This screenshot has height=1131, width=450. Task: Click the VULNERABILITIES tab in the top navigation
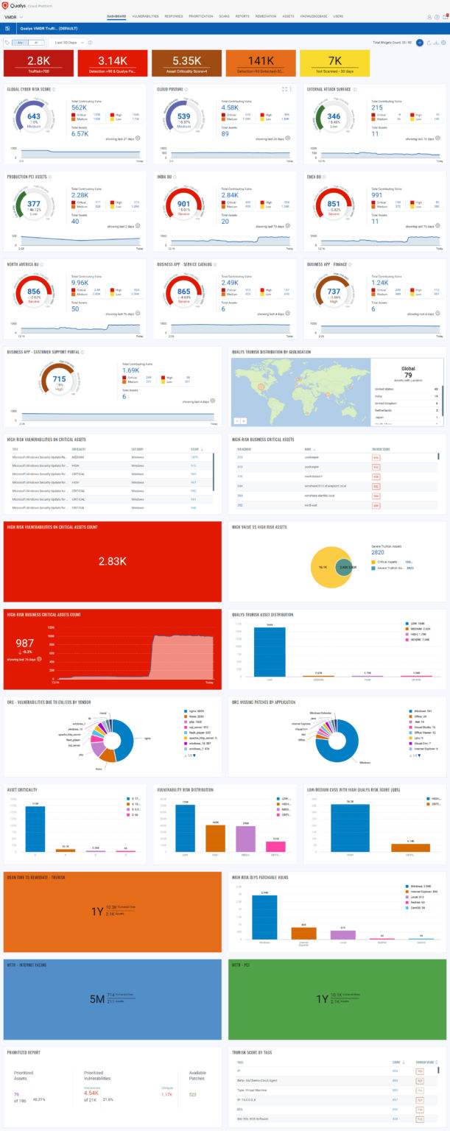click(145, 15)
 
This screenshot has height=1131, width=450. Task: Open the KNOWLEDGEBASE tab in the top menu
click(314, 15)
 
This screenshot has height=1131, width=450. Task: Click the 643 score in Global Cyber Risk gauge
click(34, 116)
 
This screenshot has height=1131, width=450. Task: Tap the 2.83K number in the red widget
click(111, 561)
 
